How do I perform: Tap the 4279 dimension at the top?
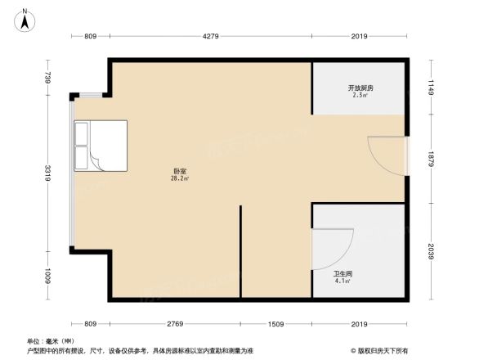(x=210, y=36)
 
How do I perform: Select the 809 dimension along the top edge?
(x=91, y=36)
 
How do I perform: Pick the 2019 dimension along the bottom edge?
(x=358, y=325)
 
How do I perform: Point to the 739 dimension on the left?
(x=48, y=79)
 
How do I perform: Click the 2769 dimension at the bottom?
(x=174, y=325)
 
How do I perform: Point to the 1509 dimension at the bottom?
(x=275, y=325)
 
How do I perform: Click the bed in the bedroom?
(x=101, y=146)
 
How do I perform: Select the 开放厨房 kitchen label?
(x=360, y=88)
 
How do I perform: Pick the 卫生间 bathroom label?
(x=342, y=273)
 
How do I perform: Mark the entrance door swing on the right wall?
(x=384, y=153)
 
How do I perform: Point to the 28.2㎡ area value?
(x=179, y=178)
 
